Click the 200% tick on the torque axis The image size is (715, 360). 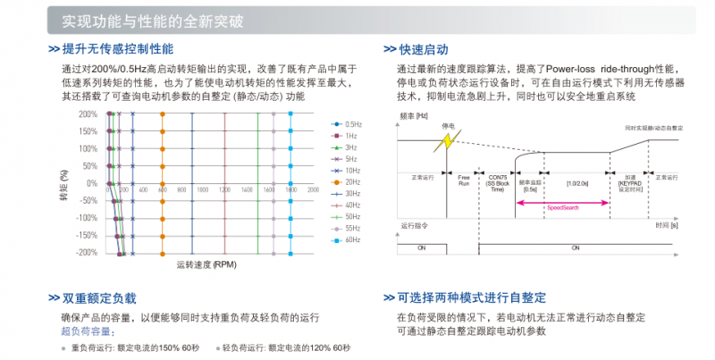[x=88, y=114]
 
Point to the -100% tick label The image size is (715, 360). [x=86, y=218]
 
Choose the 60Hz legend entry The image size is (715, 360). [x=350, y=239]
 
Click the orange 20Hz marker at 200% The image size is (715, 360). [x=162, y=114]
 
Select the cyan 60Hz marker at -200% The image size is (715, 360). [x=290, y=253]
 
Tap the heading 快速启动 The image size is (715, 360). [x=424, y=49]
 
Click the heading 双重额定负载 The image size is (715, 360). [x=98, y=297]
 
